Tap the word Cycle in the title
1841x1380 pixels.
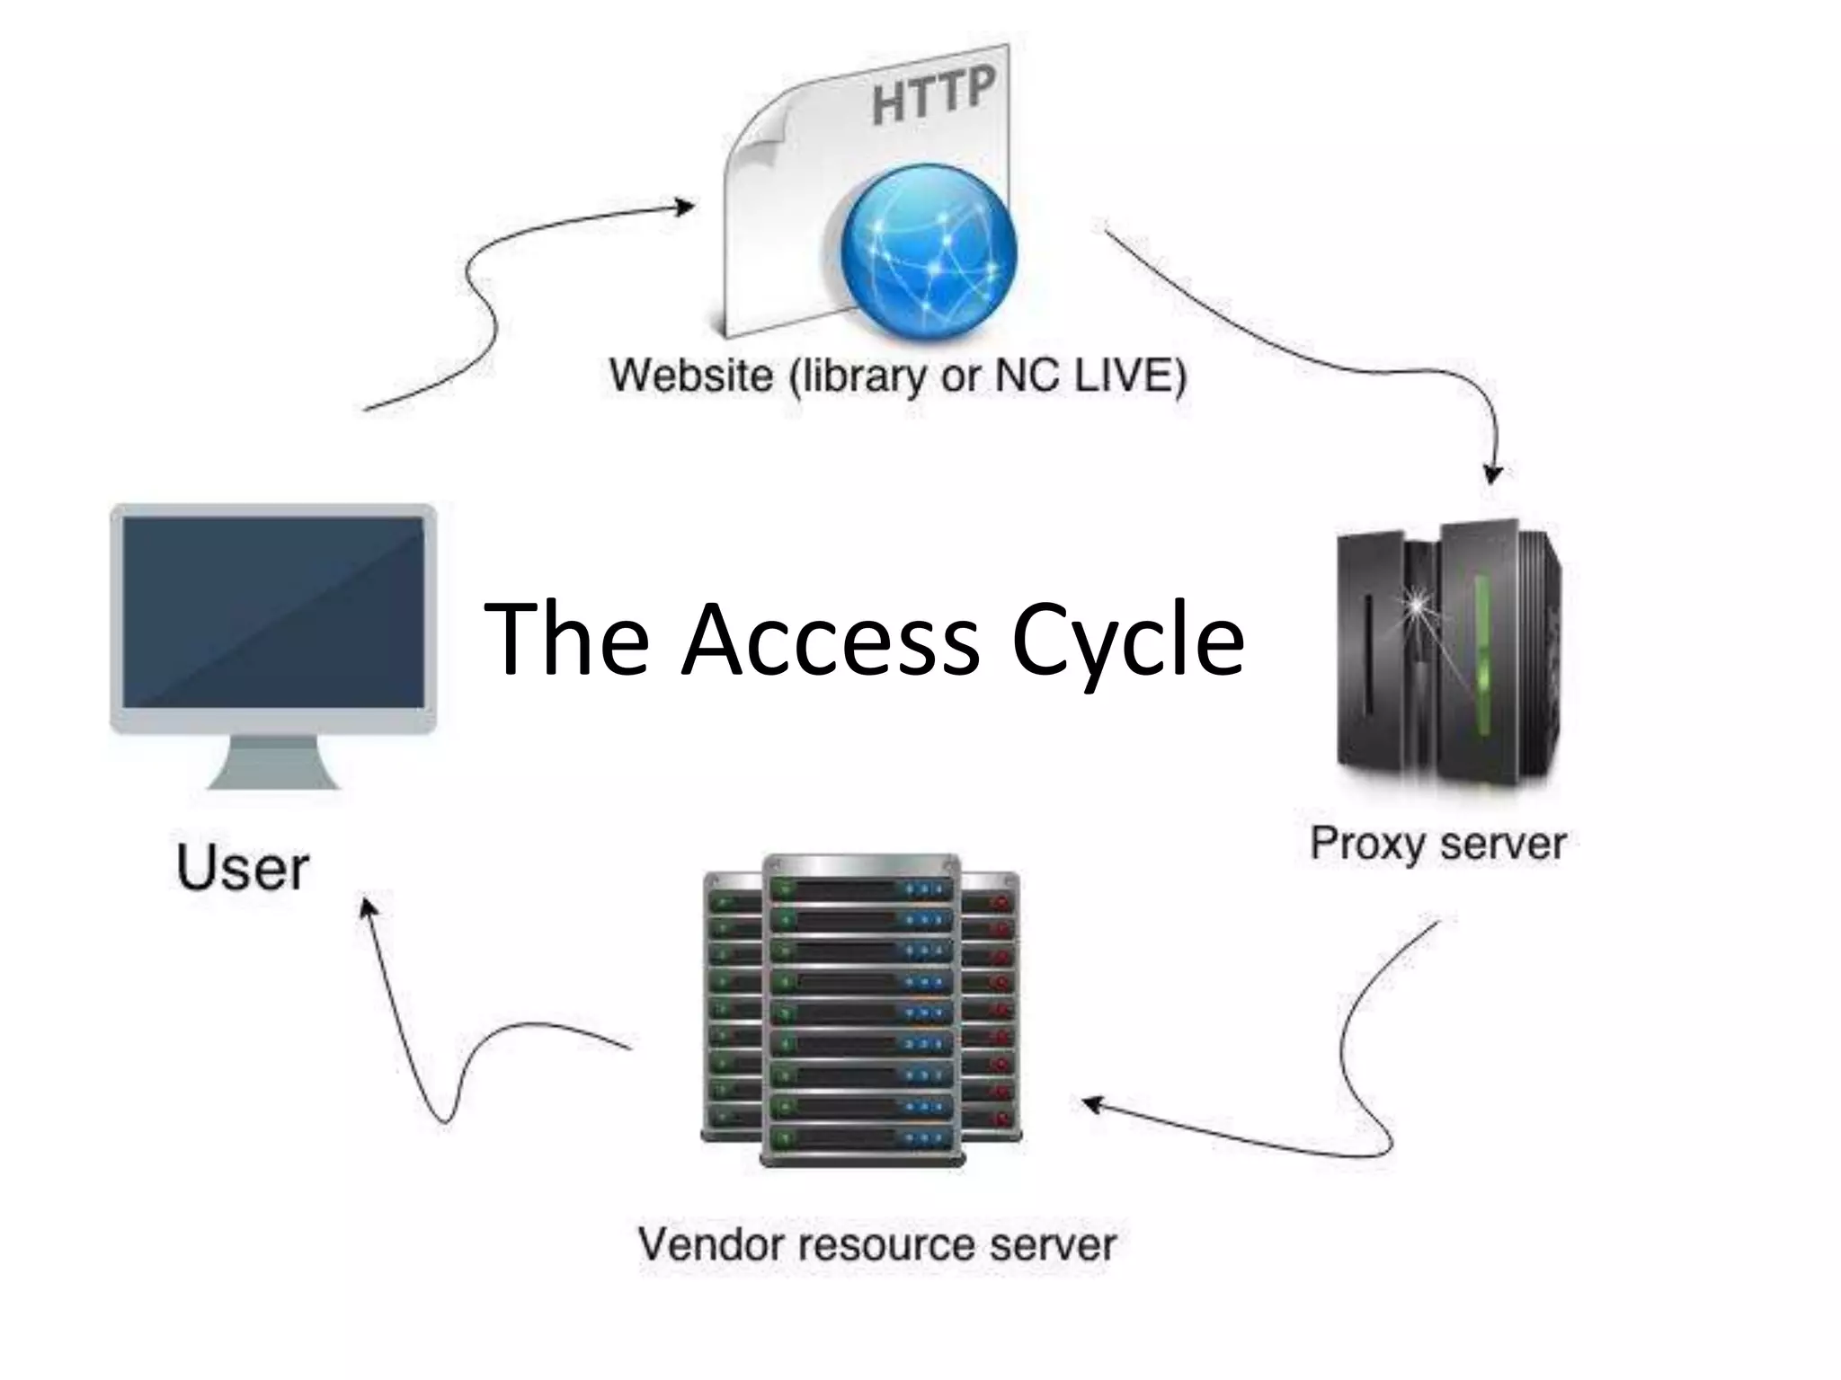(x=1127, y=640)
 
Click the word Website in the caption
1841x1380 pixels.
(x=690, y=375)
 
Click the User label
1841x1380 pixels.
(x=243, y=869)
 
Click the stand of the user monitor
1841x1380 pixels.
(x=273, y=764)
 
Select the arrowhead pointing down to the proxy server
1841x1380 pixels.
(x=1493, y=473)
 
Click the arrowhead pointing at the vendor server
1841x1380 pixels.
(x=1091, y=1102)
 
